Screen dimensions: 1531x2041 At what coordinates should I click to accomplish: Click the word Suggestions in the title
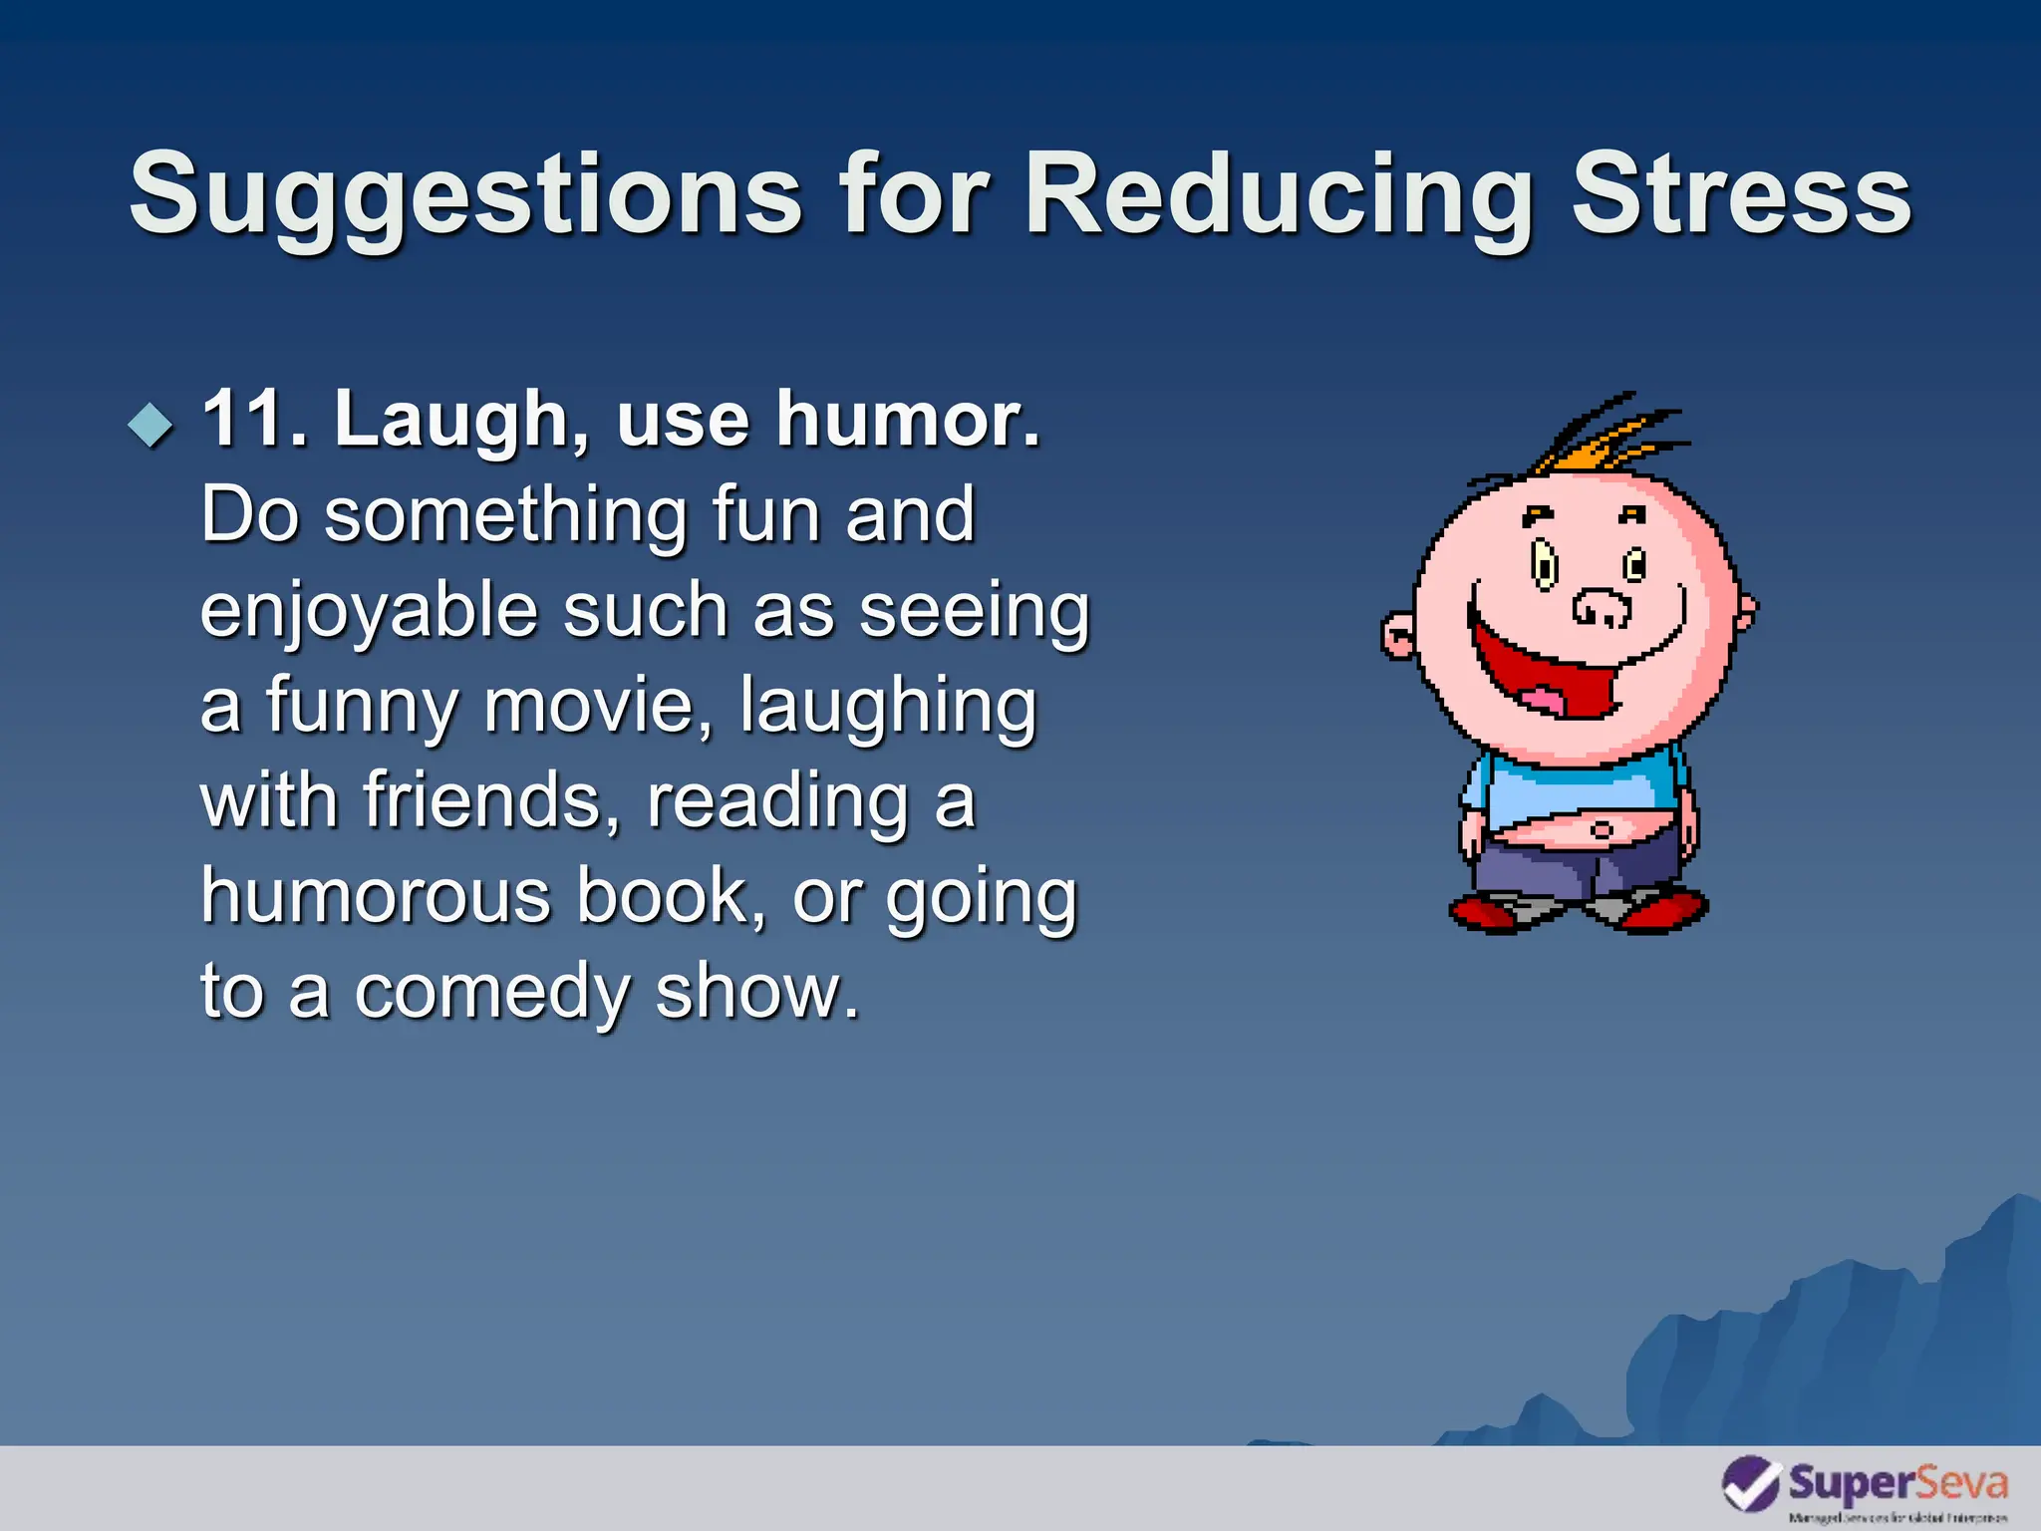[465, 194]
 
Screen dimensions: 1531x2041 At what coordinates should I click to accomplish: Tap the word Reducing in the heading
[1278, 194]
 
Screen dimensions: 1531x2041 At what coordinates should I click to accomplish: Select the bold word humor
[908, 419]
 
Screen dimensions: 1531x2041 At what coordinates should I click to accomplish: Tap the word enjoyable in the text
[369, 612]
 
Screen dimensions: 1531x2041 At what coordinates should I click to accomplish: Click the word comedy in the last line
[493, 993]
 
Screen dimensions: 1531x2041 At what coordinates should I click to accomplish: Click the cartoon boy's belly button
[1602, 829]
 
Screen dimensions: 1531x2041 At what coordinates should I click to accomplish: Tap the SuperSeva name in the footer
[1896, 1483]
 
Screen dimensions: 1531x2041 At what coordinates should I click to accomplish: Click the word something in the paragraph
[504, 516]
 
